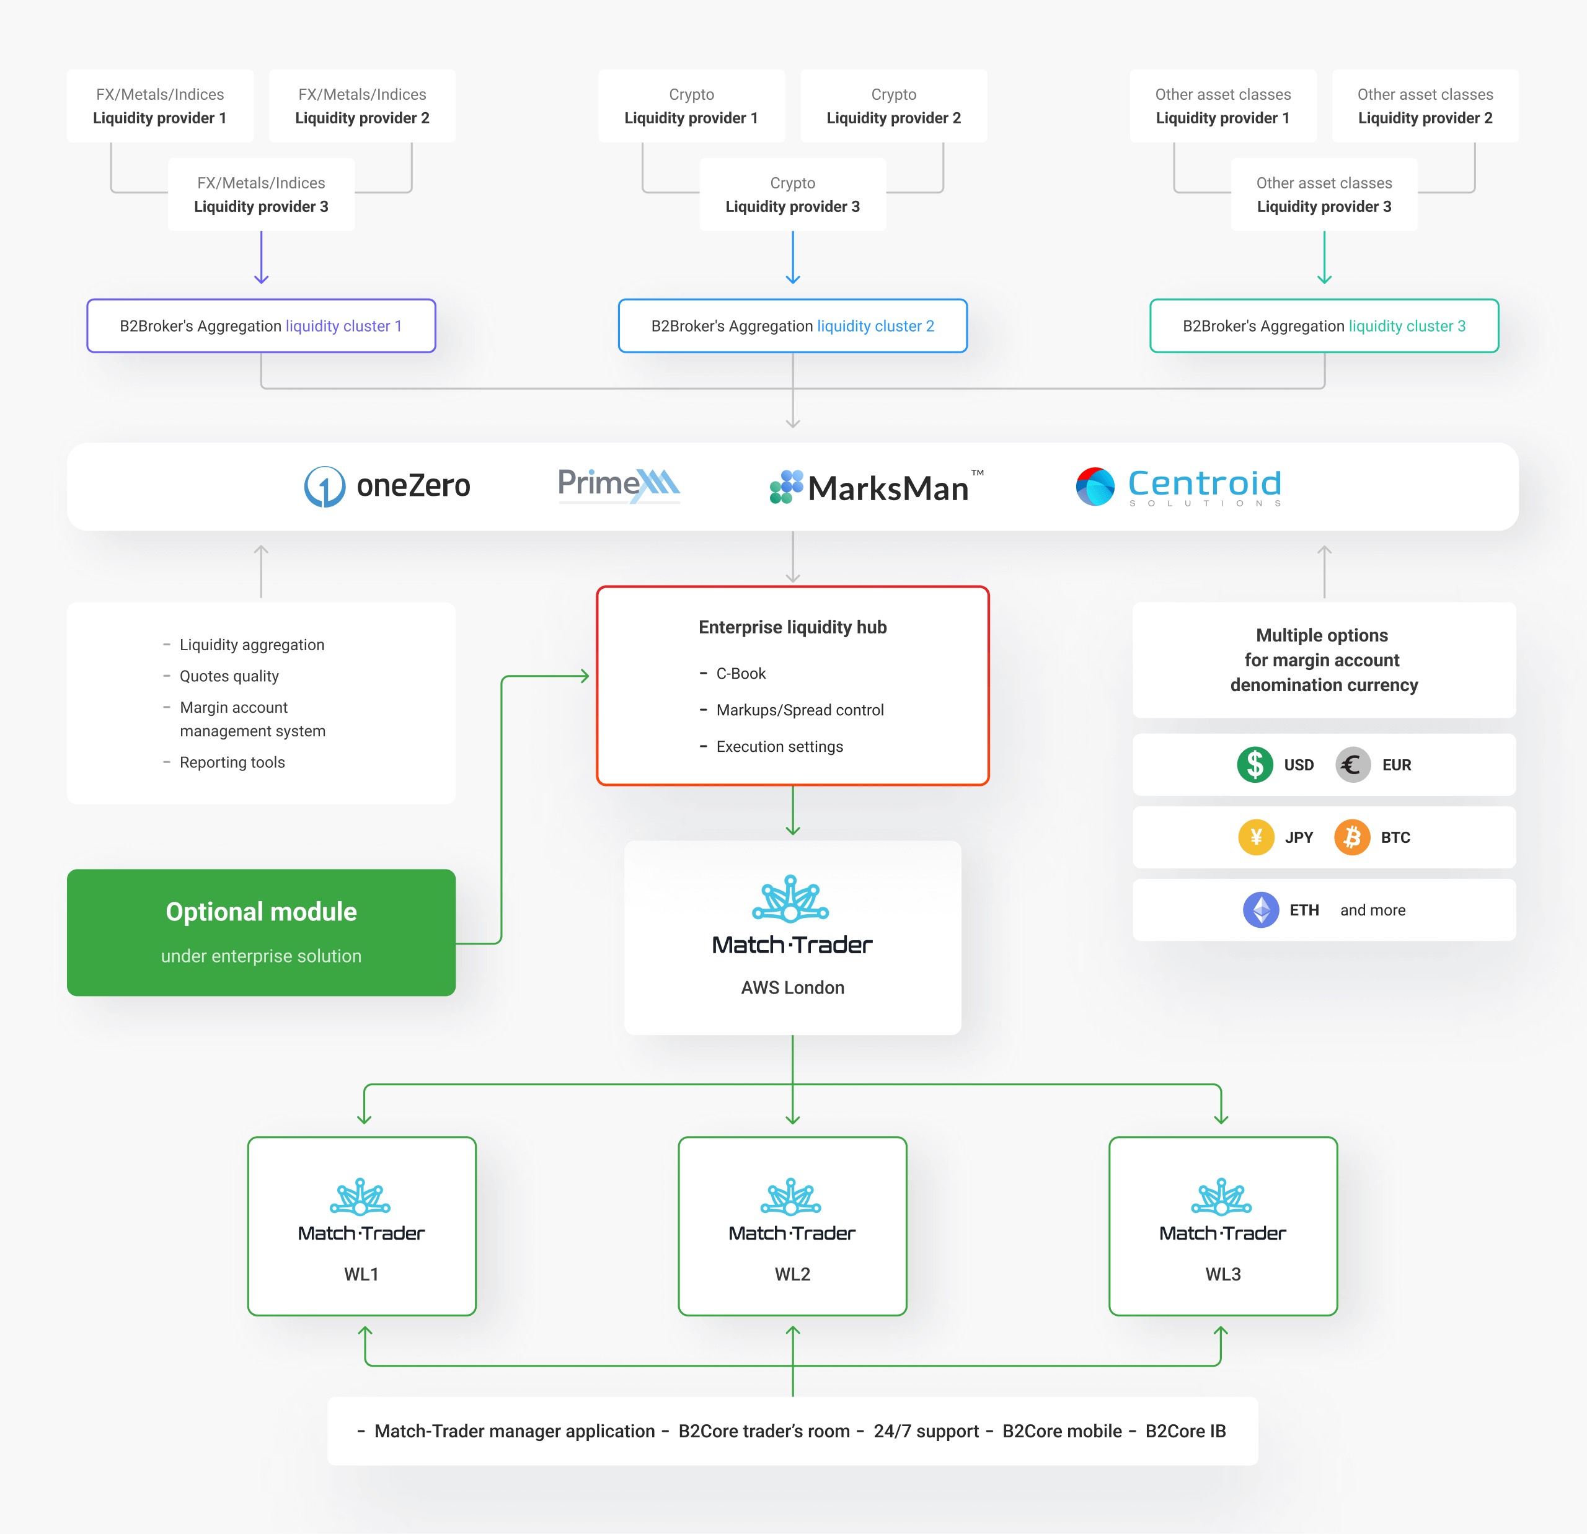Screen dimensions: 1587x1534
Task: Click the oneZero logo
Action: tap(387, 486)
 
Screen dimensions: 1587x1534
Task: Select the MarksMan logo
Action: tap(876, 487)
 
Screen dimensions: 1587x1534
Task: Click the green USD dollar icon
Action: tap(1255, 764)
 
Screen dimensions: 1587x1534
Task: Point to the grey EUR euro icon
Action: tap(1352, 764)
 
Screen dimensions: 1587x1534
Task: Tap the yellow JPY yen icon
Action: tap(1256, 837)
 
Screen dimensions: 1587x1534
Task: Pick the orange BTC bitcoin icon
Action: tap(1352, 837)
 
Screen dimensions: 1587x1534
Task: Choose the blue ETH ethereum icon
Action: tap(1261, 910)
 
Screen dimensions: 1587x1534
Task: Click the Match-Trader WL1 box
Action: tap(362, 1225)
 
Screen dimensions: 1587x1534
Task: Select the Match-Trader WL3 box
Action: tap(1222, 1225)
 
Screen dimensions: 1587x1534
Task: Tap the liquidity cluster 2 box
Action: tap(793, 325)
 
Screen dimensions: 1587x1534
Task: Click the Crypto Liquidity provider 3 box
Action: tap(793, 194)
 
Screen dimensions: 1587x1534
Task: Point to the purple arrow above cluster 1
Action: tap(262, 257)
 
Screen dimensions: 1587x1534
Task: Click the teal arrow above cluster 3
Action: tap(1325, 257)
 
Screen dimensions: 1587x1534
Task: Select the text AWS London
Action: tap(793, 987)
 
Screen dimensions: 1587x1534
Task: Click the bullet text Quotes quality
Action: tap(229, 676)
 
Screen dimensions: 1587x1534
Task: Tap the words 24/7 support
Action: tap(926, 1431)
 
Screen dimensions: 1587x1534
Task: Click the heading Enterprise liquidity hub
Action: tap(793, 627)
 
